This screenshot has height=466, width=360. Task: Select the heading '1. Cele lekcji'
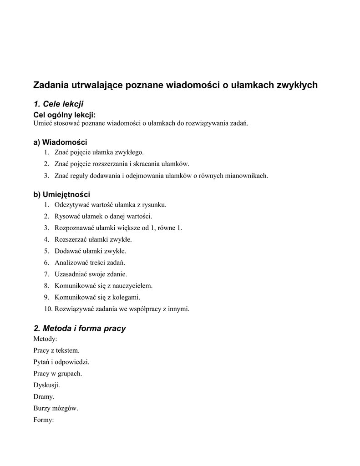click(59, 104)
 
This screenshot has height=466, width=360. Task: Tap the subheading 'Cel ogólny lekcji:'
click(65, 115)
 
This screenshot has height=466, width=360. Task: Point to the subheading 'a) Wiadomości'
click(60, 142)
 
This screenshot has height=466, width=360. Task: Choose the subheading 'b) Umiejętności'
click(61, 194)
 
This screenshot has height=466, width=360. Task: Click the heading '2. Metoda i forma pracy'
click(80, 328)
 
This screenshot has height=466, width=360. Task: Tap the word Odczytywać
click(72, 205)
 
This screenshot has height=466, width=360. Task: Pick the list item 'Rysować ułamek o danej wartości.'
click(103, 216)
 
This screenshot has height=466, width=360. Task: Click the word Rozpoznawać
click(74, 228)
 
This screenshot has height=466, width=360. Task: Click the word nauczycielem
click(131, 286)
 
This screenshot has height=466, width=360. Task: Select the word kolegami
click(126, 297)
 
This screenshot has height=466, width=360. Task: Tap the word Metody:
click(45, 339)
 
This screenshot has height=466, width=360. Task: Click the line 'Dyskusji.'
click(46, 385)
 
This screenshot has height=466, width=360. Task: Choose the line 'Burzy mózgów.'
click(56, 408)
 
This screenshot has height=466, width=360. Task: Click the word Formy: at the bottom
click(44, 420)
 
